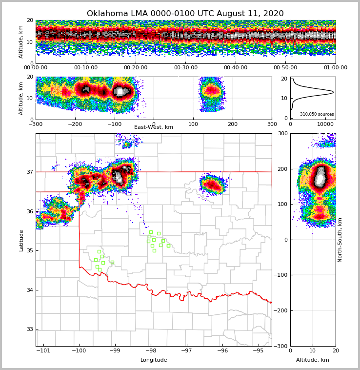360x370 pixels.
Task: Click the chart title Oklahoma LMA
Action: point(185,14)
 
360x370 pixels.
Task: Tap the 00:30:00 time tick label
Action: point(186,68)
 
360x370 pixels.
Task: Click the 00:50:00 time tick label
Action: point(285,68)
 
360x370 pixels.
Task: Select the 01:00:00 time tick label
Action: point(335,68)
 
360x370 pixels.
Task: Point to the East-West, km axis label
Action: point(154,127)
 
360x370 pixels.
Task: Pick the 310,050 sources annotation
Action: point(317,114)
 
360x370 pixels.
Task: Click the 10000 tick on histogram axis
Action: point(325,124)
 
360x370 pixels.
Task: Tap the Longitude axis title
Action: point(154,360)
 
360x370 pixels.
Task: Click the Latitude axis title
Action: point(21,240)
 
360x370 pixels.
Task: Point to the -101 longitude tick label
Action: point(43,351)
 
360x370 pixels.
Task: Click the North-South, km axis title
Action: point(340,240)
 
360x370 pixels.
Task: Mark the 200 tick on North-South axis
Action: point(281,169)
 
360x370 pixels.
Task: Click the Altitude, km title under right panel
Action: point(313,360)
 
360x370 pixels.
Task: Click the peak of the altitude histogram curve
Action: point(333,92)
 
